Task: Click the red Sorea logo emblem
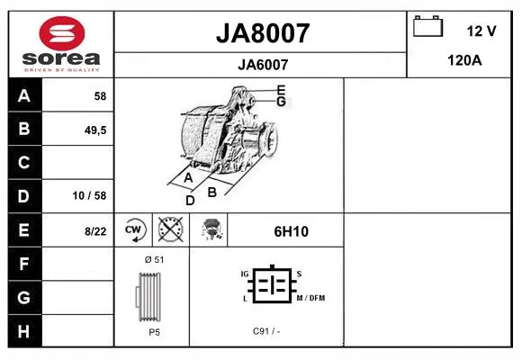pyautogui.click(x=62, y=33)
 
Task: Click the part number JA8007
pyautogui.click(x=263, y=33)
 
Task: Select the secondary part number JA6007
pyautogui.click(x=263, y=65)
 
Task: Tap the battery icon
pyautogui.click(x=427, y=26)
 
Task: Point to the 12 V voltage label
pyautogui.click(x=481, y=31)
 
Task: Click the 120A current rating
pyautogui.click(x=464, y=60)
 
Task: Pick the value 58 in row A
pyautogui.click(x=100, y=96)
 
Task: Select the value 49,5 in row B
pyautogui.click(x=95, y=130)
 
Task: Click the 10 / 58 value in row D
pyautogui.click(x=89, y=195)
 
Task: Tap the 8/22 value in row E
pyautogui.click(x=95, y=231)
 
